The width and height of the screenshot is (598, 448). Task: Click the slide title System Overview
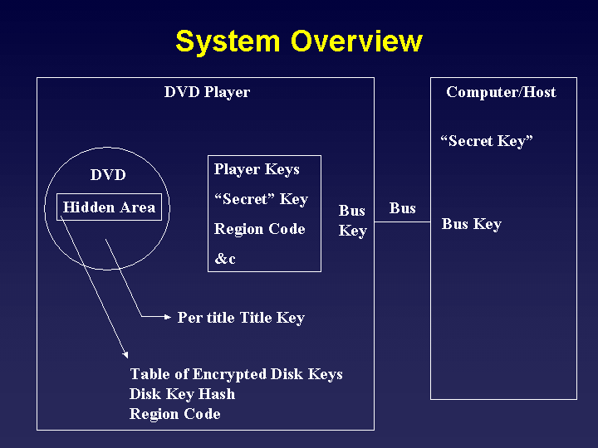coord(299,41)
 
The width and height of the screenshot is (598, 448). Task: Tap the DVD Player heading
coord(207,92)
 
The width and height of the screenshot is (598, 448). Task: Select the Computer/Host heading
coord(501,92)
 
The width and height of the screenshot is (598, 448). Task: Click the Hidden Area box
coord(109,207)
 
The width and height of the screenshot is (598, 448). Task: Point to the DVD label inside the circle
coord(108,175)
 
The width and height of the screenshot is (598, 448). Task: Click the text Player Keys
coord(257,169)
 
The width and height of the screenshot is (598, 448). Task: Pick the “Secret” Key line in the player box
coord(261,199)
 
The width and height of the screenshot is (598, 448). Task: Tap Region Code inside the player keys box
coord(260,229)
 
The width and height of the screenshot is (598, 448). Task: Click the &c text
coord(225,259)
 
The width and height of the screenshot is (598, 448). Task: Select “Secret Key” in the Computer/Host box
coord(487,141)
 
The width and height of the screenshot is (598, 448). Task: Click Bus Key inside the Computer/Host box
coord(472,224)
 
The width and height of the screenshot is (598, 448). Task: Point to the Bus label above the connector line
coord(403,208)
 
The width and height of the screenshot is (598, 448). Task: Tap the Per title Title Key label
coord(241,318)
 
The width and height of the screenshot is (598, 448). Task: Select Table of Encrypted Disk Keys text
coord(236,374)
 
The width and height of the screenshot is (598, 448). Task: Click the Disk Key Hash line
coord(182,394)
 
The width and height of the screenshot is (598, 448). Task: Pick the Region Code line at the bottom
coord(174,414)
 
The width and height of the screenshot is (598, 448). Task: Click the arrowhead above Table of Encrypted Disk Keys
coord(125,354)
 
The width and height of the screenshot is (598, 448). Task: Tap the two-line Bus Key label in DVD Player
coord(352,221)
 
